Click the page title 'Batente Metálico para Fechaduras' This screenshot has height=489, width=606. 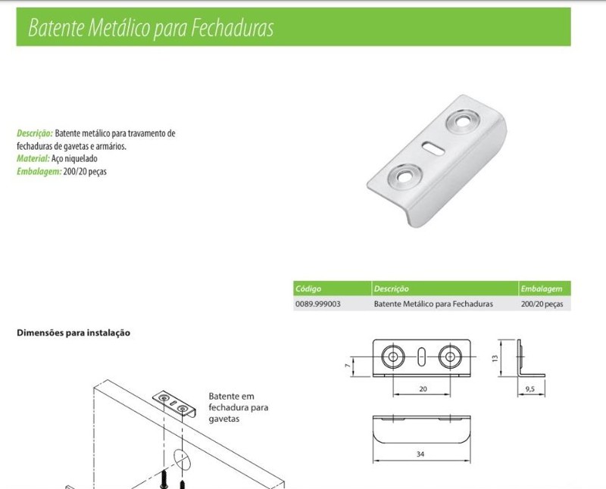[150, 29]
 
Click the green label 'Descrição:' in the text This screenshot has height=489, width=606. [35, 133]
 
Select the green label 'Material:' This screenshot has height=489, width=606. [33, 159]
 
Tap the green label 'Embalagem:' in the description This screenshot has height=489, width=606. [39, 172]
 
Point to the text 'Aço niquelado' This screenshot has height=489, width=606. [74, 159]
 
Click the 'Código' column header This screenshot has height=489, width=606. [308, 289]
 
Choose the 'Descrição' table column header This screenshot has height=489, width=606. [392, 289]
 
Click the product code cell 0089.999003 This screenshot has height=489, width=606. [318, 304]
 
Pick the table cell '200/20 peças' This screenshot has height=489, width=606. [542, 304]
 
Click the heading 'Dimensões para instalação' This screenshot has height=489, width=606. [73, 332]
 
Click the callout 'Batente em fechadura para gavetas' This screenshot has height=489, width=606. [234, 406]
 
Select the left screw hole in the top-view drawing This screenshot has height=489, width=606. [392, 356]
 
